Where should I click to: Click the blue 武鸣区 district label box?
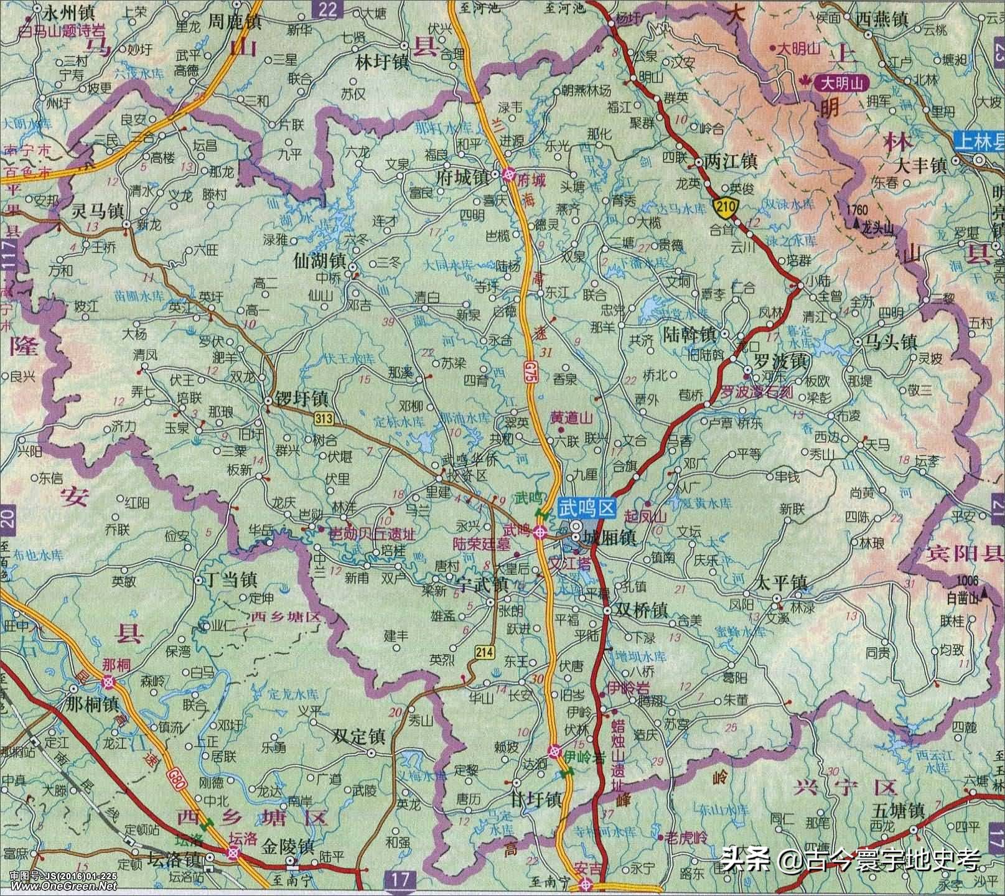586,509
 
